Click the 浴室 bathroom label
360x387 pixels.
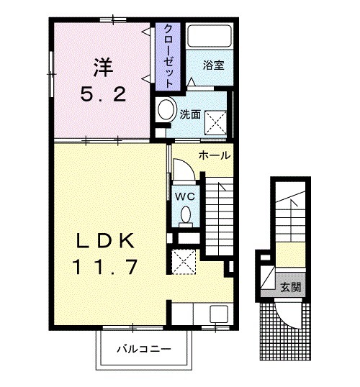click(213, 65)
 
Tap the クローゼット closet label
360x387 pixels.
click(168, 56)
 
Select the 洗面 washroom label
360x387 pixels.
click(190, 114)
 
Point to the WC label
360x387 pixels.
click(185, 196)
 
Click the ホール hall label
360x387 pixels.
click(215, 155)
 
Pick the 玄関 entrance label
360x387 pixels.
click(291, 287)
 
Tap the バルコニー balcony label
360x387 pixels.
click(144, 349)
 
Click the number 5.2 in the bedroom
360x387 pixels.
click(103, 94)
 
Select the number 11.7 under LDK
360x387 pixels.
click(105, 267)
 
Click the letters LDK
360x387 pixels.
click(106, 241)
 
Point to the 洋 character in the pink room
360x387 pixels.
click(103, 67)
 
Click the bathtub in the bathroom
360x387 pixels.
click(210, 36)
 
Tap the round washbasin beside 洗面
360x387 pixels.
click(166, 110)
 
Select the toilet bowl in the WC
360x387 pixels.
click(186, 216)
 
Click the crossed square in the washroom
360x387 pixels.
click(216, 123)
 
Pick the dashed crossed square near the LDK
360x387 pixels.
click(184, 262)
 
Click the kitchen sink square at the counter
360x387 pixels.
click(219, 314)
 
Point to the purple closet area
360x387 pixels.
click(168, 57)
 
